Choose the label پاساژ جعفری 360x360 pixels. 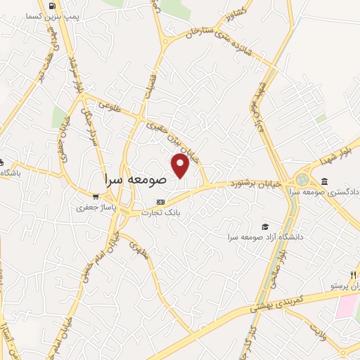pos(94,208)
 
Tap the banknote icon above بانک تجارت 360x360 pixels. pos(161,201)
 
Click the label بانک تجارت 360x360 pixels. pos(160,212)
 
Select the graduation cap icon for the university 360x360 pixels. pos(265,226)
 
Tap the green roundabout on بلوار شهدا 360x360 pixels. pos(303,180)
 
